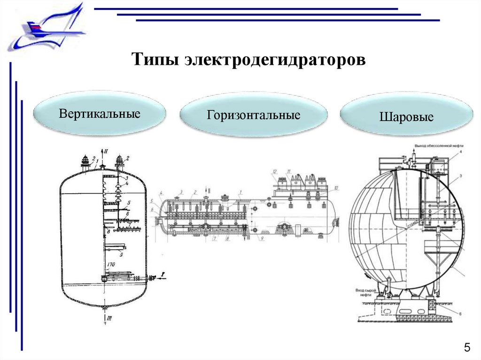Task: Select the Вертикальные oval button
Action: pyautogui.click(x=100, y=114)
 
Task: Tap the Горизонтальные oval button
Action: pyautogui.click(x=254, y=115)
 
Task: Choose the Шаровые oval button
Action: pyautogui.click(x=406, y=116)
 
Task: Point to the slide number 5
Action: pyautogui.click(x=466, y=348)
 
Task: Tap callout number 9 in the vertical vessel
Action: pyautogui.click(x=121, y=255)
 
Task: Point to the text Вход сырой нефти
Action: pyautogui.click(x=364, y=293)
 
